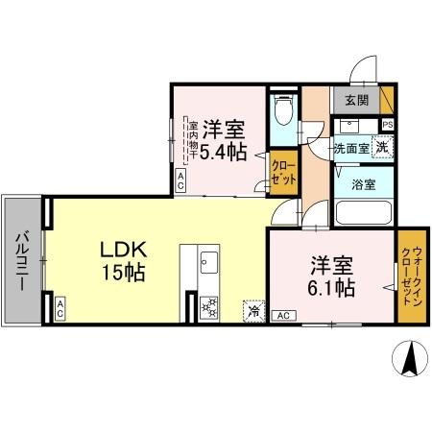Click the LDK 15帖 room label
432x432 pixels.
123,260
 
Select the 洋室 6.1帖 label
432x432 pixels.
332,275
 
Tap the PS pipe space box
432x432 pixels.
387,124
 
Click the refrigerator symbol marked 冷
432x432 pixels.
254,310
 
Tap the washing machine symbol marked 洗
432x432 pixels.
382,147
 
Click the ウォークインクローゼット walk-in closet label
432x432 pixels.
411,277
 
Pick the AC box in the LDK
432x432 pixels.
60,308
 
